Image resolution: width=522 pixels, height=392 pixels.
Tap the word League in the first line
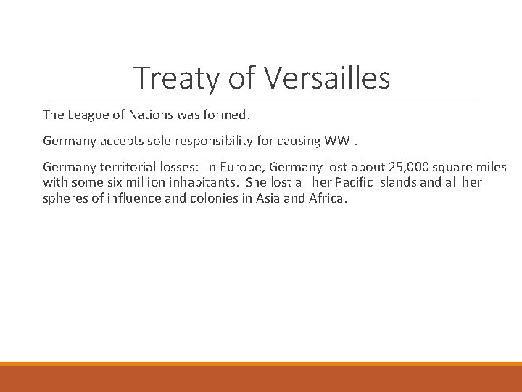pos(86,115)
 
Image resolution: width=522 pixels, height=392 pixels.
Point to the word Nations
pos(149,115)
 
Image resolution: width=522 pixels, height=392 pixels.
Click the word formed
pos(225,115)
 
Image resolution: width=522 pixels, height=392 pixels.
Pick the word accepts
pos(119,141)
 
